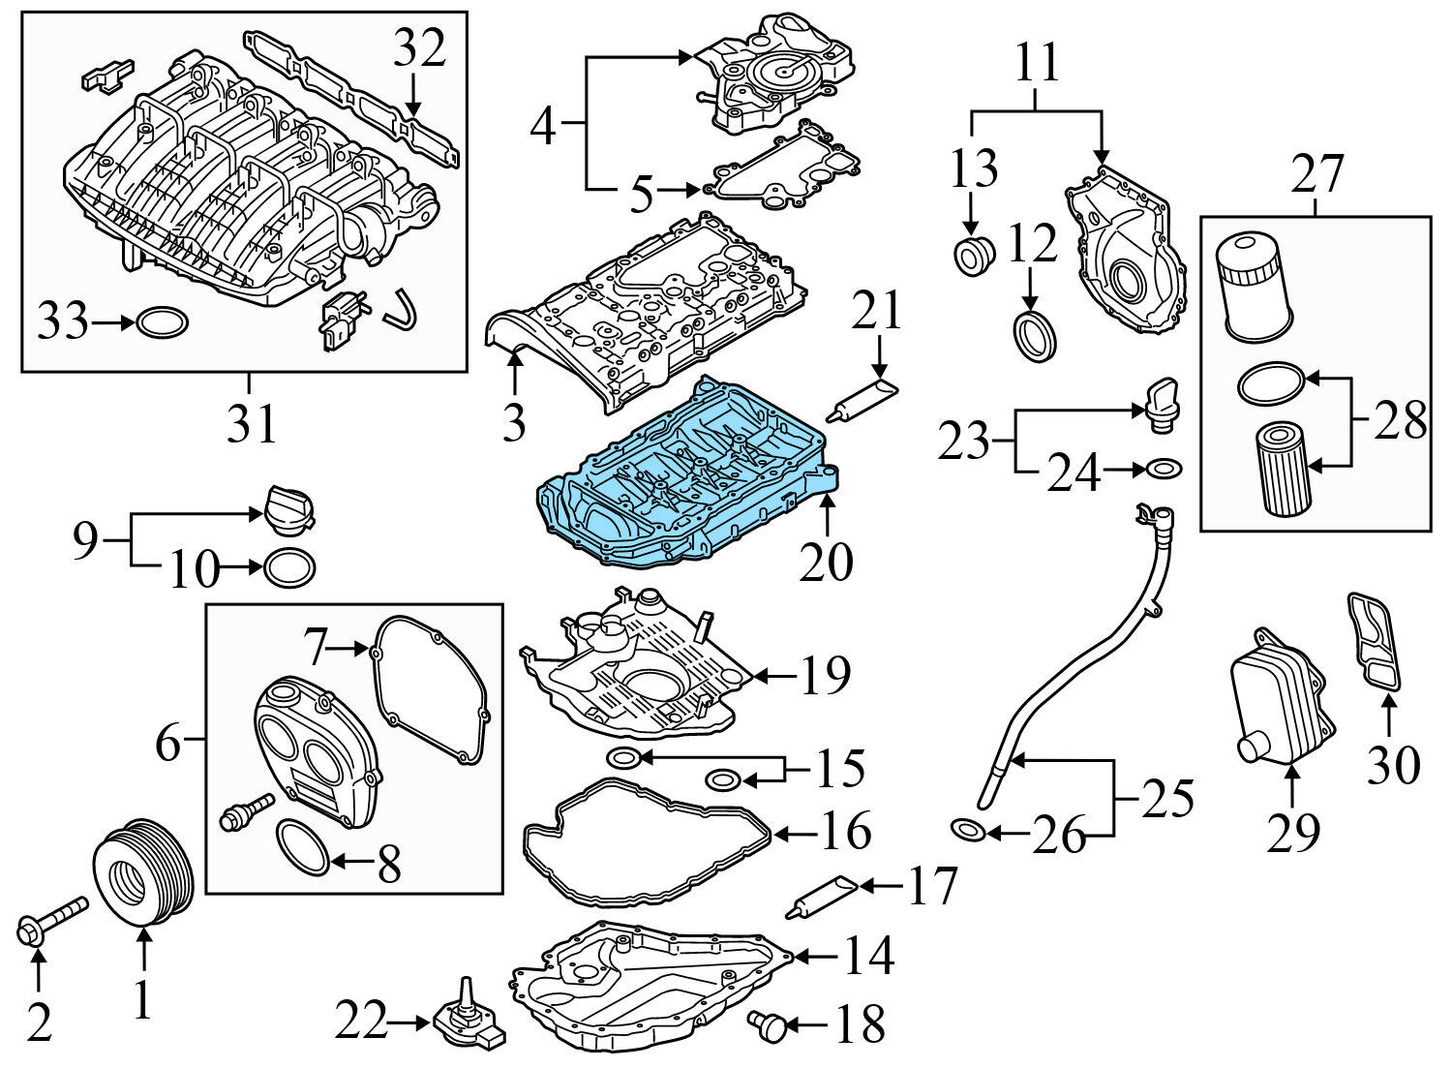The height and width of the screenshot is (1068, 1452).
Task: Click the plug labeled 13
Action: [x=973, y=255]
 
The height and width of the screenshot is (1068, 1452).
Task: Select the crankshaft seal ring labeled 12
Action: [x=1034, y=334]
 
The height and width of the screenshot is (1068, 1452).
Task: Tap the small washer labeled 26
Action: [x=967, y=830]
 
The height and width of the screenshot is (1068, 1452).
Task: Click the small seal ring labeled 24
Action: [x=1165, y=471]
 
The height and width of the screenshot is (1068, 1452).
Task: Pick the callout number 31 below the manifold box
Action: [x=251, y=423]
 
